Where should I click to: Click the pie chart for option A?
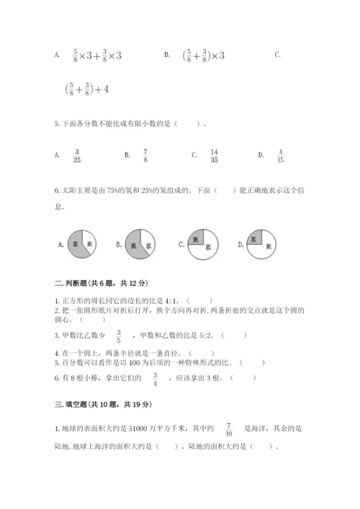pos(81,245)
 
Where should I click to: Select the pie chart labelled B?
pos(140,245)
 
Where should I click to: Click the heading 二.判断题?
pos(88,282)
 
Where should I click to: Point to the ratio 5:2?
pos(203,335)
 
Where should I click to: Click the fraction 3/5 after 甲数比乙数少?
pos(119,335)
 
